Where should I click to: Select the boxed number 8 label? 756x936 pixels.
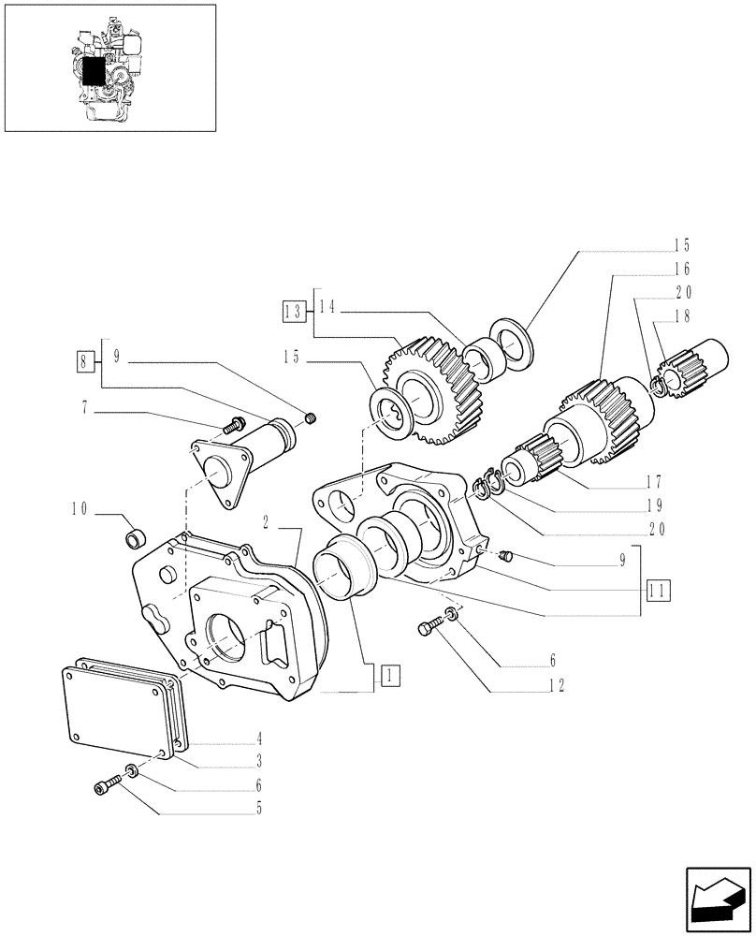pos(86,358)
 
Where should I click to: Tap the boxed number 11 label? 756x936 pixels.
pos(659,591)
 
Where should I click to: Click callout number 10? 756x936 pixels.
pos(80,510)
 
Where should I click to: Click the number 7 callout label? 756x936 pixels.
pos(86,407)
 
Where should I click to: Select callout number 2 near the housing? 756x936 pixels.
pos(268,524)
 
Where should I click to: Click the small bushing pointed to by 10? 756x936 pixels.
pos(137,539)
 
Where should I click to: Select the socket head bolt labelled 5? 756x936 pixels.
pos(109,785)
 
